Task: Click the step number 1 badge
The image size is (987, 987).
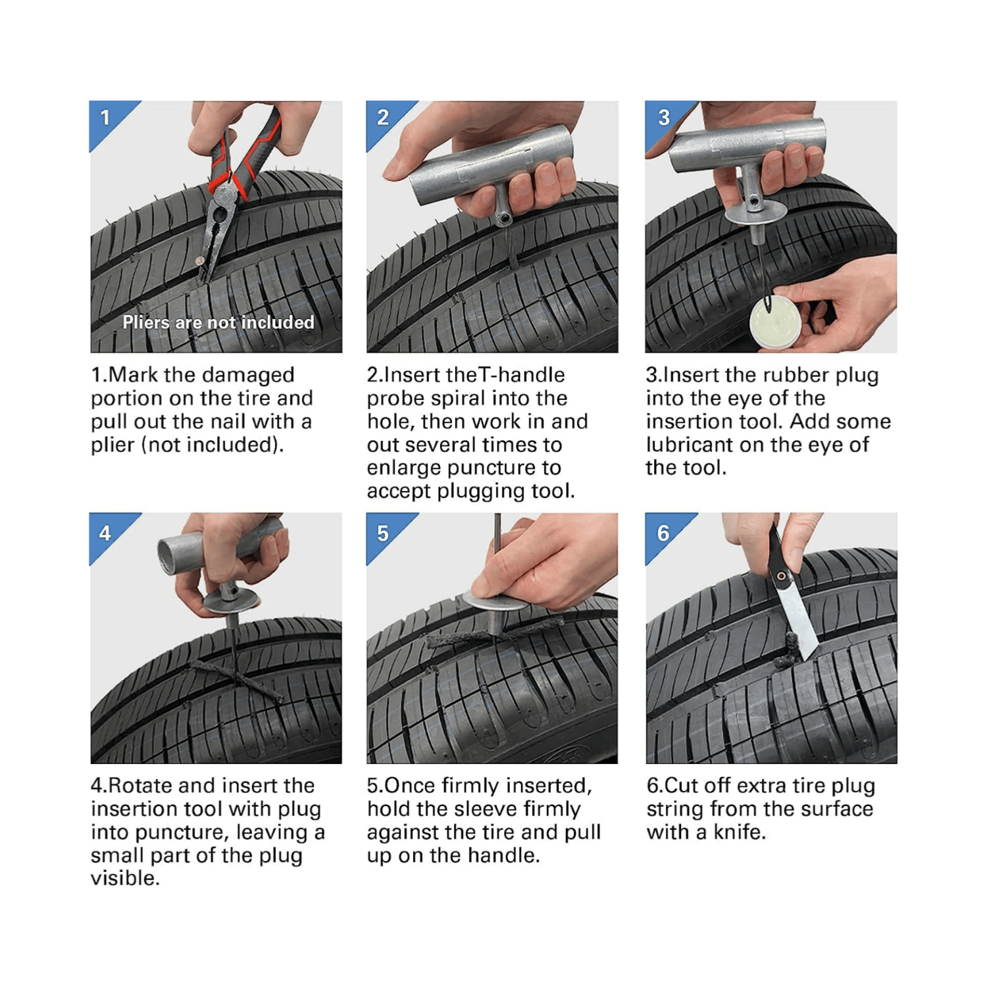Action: [x=105, y=118]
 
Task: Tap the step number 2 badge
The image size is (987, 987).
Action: [x=382, y=118]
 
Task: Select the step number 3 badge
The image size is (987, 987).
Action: [x=663, y=118]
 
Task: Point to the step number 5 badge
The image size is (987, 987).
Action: [x=382, y=533]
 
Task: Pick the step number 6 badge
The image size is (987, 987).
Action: [x=663, y=533]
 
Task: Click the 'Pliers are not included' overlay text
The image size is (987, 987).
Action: [x=218, y=322]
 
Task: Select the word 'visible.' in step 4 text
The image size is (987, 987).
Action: [x=125, y=878]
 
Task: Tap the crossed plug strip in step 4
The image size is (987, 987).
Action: [x=234, y=681]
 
